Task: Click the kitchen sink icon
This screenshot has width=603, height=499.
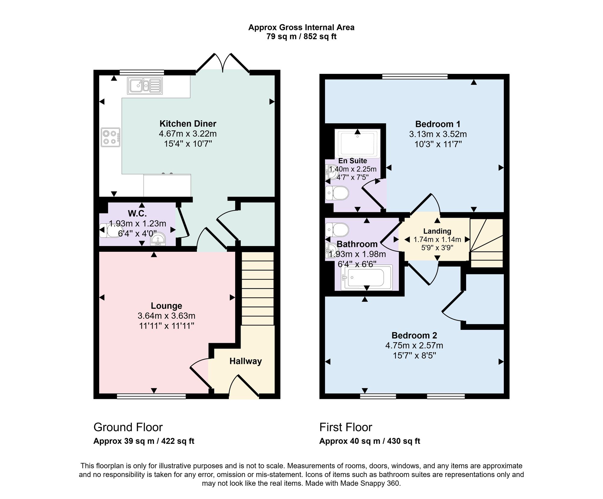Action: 145,86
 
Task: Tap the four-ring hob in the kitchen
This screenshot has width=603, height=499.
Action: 110,137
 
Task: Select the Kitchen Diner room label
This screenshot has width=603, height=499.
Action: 188,124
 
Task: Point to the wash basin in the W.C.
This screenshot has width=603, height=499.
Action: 158,240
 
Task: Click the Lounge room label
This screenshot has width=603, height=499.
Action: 166,306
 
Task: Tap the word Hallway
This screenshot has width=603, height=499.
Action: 245,361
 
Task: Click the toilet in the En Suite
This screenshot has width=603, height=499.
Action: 337,193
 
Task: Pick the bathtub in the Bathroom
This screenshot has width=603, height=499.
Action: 367,278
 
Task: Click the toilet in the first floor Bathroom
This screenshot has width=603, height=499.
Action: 337,230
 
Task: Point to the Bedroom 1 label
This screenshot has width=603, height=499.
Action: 438,124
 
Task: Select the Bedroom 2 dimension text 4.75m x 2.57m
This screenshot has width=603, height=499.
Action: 414,346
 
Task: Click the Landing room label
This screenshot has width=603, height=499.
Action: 437,231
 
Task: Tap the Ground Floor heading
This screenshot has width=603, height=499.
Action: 128,427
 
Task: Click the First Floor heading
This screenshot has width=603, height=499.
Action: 346,427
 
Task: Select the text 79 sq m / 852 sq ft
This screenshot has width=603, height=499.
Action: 301,37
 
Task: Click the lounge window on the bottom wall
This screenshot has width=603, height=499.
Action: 151,396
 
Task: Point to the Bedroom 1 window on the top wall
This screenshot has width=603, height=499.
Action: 415,77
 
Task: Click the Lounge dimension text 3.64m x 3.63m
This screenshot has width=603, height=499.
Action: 166,316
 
